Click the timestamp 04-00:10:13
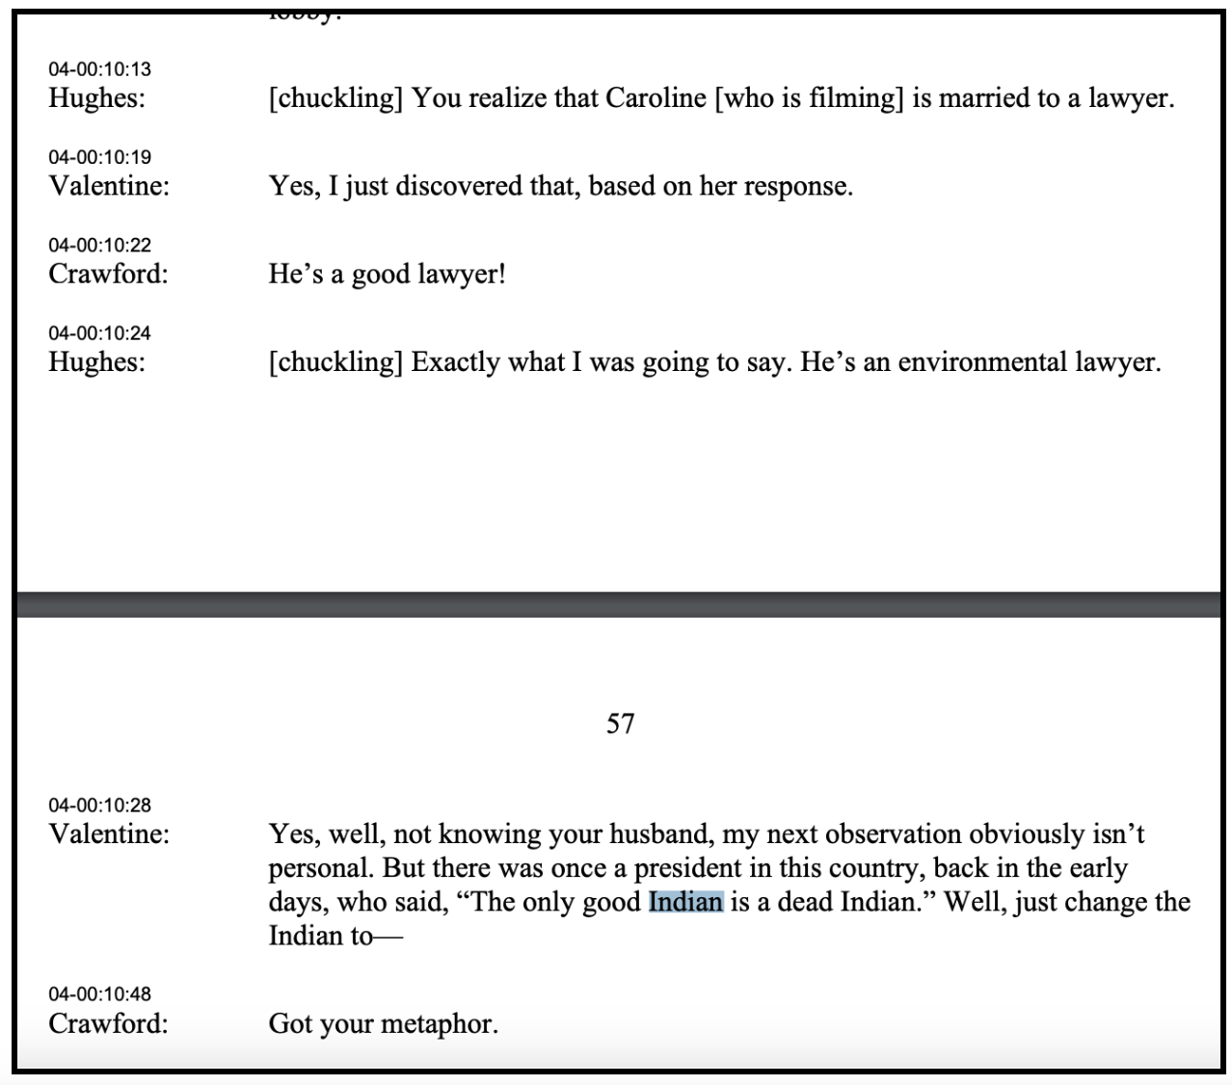coord(99,69)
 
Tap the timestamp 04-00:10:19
coord(99,157)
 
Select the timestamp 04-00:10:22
coord(99,246)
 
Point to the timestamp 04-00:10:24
coord(99,333)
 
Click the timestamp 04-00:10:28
coord(99,806)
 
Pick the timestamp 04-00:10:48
coord(99,994)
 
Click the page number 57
coord(620,724)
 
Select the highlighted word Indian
coord(685,902)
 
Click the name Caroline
coord(656,98)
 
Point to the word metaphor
coord(441,1023)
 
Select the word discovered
coord(459,186)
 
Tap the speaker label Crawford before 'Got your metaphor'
coord(107,1023)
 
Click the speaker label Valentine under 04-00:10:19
coord(108,186)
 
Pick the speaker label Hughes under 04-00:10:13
coord(96,98)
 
